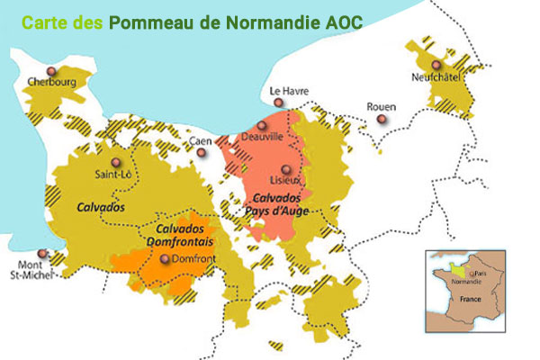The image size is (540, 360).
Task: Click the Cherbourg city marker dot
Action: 51,70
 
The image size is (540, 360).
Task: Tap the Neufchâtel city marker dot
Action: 436,65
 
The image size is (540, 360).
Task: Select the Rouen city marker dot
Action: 382,119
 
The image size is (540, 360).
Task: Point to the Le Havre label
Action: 289,92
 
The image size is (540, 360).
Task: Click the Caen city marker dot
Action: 202,152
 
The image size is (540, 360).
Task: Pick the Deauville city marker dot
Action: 262,126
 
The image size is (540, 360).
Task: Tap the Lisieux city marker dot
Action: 286,169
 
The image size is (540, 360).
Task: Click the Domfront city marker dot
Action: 164,259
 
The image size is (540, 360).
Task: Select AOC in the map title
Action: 340,22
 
